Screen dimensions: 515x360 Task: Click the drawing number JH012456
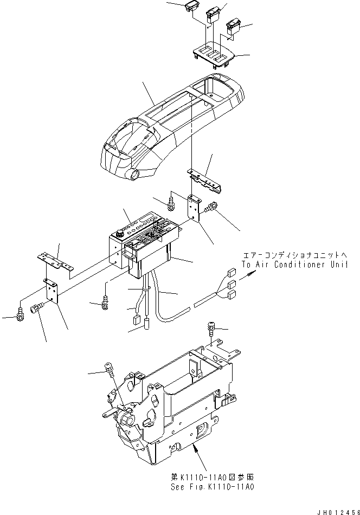[x=333, y=510]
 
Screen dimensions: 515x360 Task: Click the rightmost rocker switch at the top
[x=233, y=26]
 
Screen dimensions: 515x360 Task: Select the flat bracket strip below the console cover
[x=205, y=179]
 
